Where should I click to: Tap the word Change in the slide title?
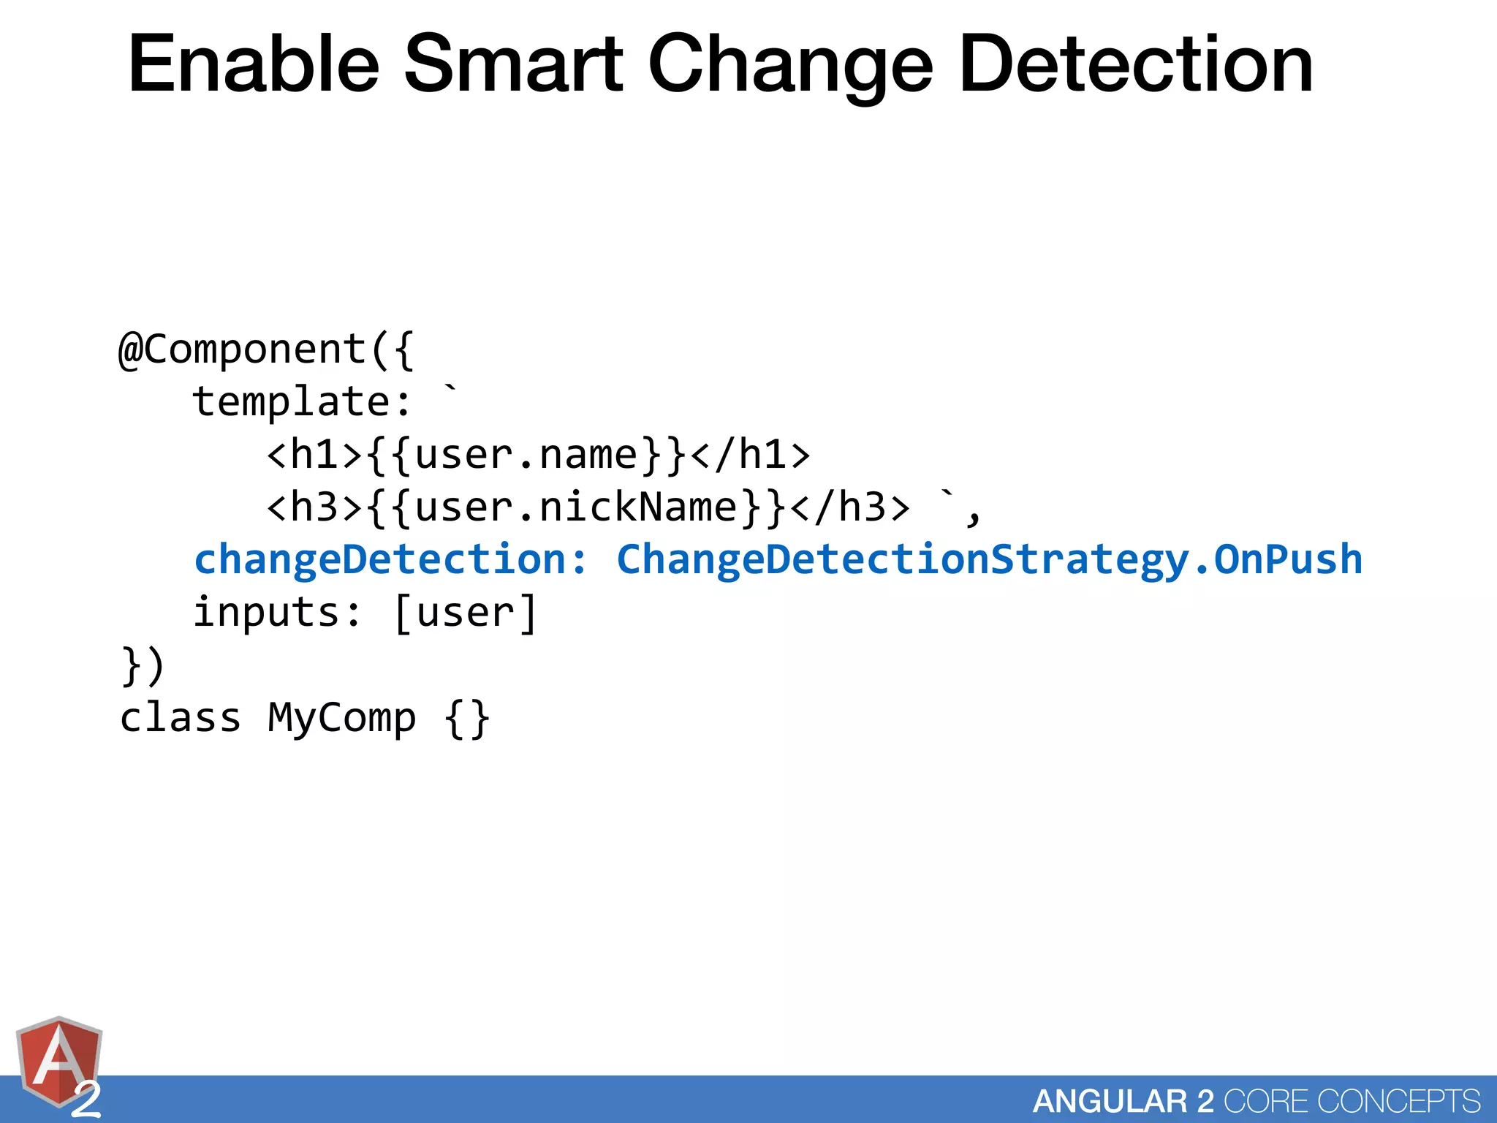[x=789, y=66]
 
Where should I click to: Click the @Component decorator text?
[x=242, y=349]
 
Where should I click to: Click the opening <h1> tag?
[x=315, y=454]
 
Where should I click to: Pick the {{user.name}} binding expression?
[x=526, y=454]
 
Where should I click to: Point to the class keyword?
[x=180, y=717]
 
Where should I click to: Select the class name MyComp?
[x=341, y=717]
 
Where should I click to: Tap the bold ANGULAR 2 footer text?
[x=1123, y=1101]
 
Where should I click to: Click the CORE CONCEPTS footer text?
[x=1352, y=1101]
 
